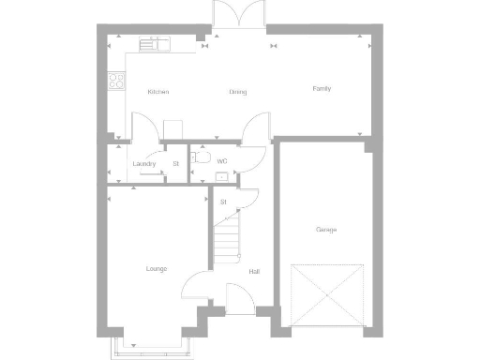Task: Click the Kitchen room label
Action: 157,92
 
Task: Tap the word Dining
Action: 238,92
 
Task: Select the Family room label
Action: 322,89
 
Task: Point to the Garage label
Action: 326,230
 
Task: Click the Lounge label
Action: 156,269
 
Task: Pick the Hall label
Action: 254,272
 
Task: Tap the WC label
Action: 222,162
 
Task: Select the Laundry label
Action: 143,164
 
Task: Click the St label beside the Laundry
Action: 175,164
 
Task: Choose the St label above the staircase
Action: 223,202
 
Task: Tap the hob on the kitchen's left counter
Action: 116,82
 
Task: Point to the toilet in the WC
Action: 199,157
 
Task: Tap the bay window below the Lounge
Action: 155,348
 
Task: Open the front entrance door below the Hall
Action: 238,303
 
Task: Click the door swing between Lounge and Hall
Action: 198,281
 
